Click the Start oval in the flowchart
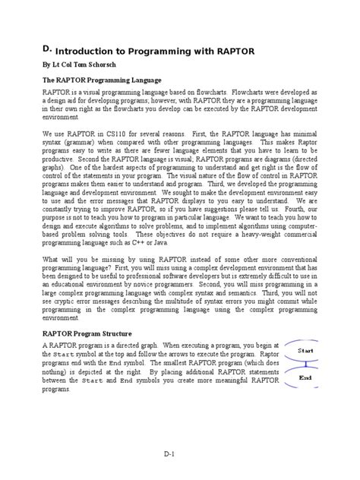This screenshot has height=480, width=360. pyautogui.click(x=306, y=351)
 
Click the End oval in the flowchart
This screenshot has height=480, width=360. pyautogui.click(x=306, y=377)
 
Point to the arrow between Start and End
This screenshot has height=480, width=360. pyautogui.click(x=306, y=365)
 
